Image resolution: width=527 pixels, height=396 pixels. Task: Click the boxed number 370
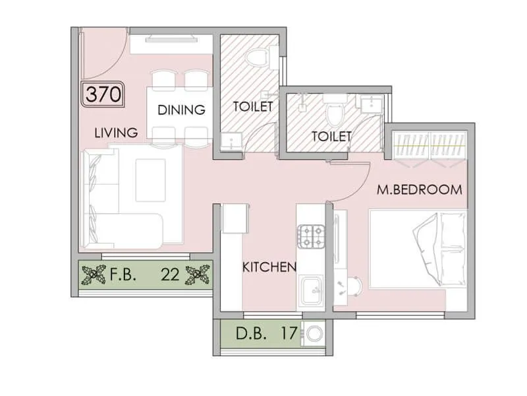point(103,94)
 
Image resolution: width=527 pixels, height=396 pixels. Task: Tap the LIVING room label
point(116,133)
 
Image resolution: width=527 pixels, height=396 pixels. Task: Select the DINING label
point(181,110)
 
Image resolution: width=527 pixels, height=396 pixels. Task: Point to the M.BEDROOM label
point(419,189)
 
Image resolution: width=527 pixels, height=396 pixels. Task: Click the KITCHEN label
point(269,267)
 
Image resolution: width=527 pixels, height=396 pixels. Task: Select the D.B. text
point(252,334)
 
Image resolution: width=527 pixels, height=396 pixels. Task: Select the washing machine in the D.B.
point(314,334)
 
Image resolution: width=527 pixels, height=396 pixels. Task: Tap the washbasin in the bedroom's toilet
point(368,104)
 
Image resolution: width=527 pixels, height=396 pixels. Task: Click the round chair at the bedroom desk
point(353,286)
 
